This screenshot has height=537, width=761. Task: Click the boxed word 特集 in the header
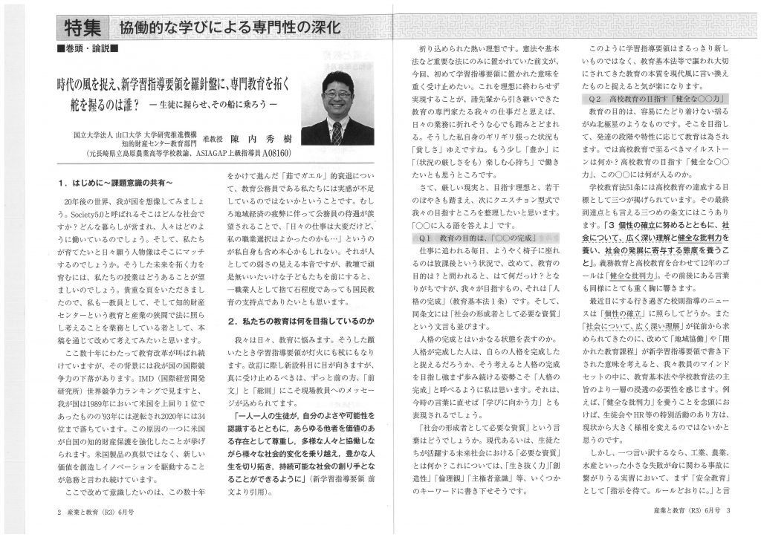[x=82, y=30]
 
